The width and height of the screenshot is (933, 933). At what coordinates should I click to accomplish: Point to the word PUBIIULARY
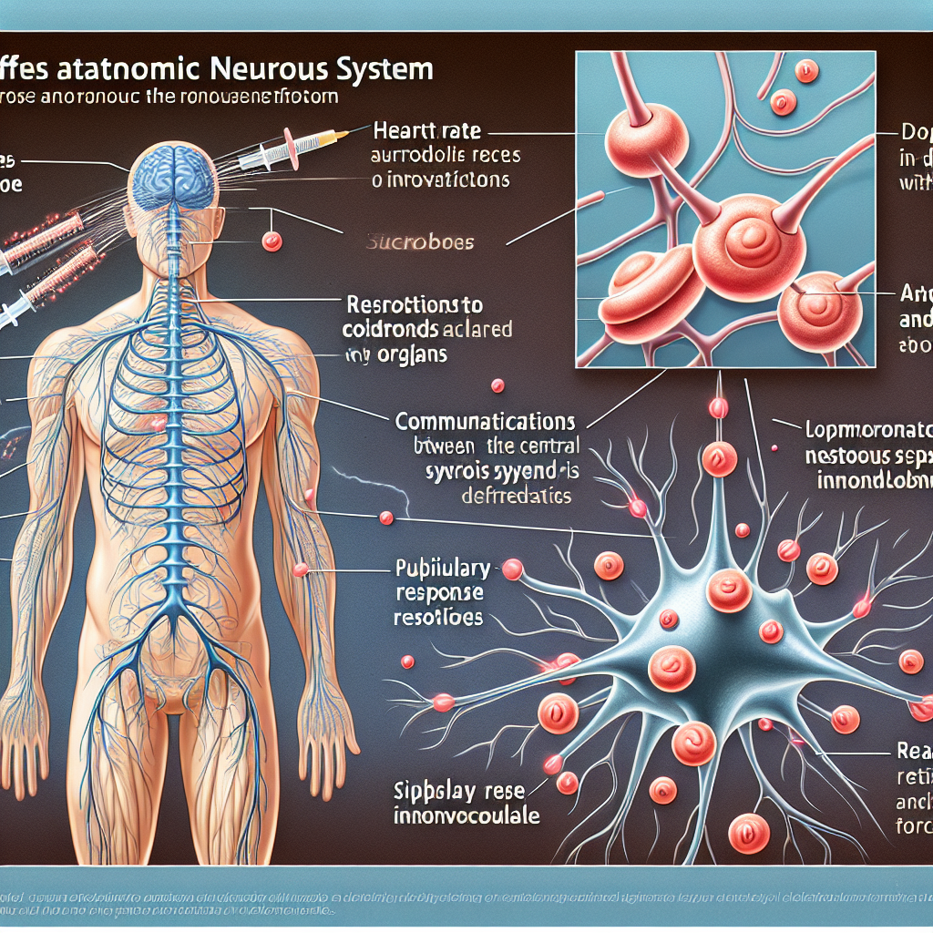coord(441,569)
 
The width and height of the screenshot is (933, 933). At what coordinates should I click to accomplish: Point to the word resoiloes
coord(439,617)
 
